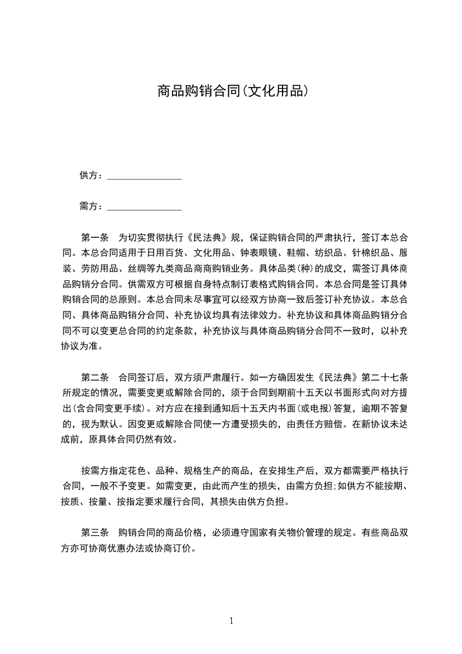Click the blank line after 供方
tap(144, 175)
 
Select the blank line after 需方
tap(144, 206)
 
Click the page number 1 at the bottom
tap(231, 620)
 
